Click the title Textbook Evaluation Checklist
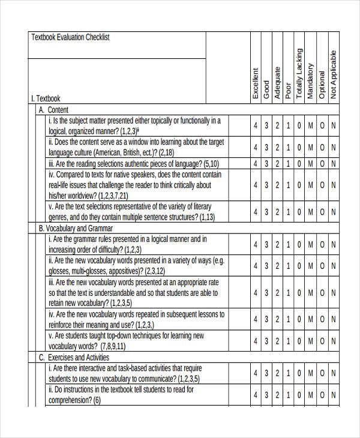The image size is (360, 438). (x=70, y=37)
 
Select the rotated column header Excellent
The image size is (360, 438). (x=256, y=82)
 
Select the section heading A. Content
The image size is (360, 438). (x=53, y=110)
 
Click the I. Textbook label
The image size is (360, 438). (x=45, y=98)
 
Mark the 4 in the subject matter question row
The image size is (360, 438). (x=256, y=125)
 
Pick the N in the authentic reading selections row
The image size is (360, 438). (x=333, y=164)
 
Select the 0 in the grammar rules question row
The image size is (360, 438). (x=299, y=244)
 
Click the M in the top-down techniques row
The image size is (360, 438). (x=310, y=341)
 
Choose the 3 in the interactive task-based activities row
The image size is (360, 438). (x=266, y=373)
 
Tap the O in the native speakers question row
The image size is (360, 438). (x=322, y=185)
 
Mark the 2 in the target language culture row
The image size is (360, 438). (x=277, y=147)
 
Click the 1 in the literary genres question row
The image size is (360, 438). (x=288, y=211)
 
